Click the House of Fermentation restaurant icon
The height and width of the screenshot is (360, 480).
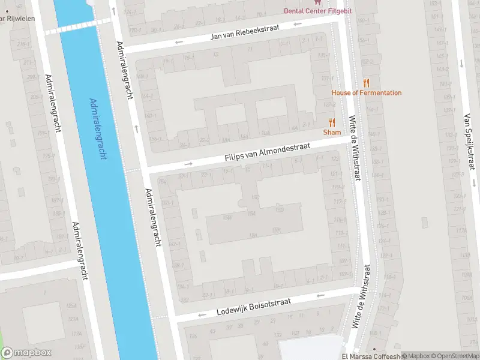366,83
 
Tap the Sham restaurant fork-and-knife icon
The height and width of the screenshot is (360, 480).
332,122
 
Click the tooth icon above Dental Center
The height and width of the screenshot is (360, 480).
317,2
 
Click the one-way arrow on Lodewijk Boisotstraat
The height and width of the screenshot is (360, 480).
320,295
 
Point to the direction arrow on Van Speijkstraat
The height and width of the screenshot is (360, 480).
460,63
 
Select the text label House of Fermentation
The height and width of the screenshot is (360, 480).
367,93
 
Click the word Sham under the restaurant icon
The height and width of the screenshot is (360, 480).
332,132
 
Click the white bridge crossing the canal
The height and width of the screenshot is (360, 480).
77,25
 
